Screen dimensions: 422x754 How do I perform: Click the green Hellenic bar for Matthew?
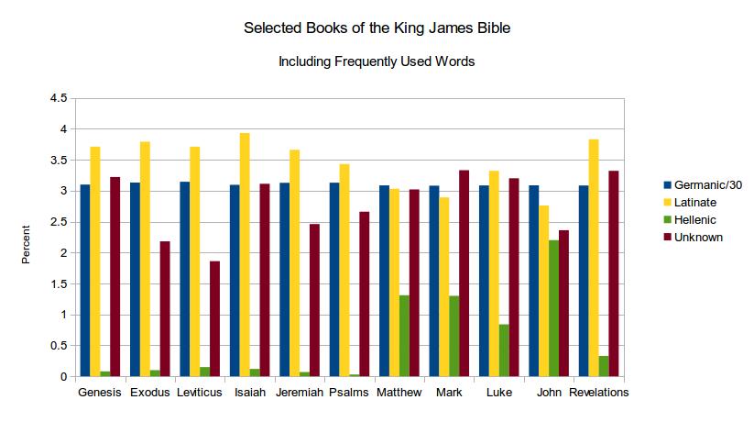click(404, 336)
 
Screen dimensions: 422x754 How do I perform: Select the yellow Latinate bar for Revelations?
click(593, 258)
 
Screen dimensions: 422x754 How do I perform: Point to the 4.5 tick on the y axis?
click(59, 98)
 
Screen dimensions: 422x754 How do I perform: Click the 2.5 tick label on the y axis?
click(59, 222)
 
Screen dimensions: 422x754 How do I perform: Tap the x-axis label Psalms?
click(348, 393)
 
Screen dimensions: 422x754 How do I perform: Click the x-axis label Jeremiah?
click(299, 393)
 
